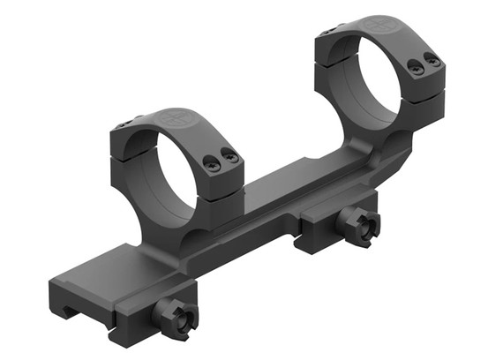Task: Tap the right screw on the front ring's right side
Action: (230, 156)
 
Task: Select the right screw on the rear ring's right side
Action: (432, 59)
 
